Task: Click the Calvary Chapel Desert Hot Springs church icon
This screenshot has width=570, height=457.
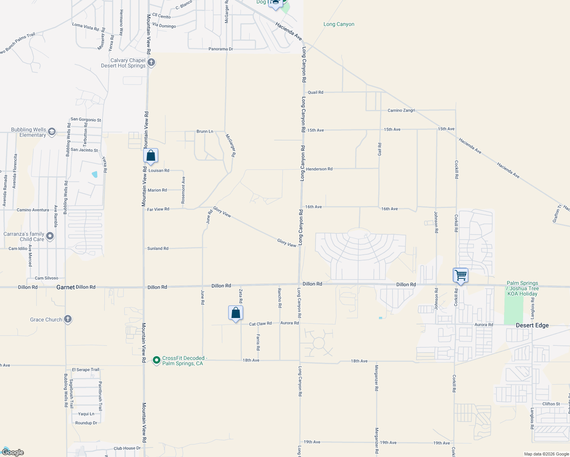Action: click(x=151, y=62)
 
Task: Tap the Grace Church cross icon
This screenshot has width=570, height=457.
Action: click(x=68, y=319)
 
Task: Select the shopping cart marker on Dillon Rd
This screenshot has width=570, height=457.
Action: click(x=461, y=275)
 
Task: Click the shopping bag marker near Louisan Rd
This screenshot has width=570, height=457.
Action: click(x=151, y=156)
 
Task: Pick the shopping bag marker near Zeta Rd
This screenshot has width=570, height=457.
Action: click(x=236, y=313)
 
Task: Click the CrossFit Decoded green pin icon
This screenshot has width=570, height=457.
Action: click(x=156, y=360)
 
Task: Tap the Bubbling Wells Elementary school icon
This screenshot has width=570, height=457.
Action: click(x=52, y=132)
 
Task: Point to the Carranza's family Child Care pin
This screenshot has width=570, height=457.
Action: click(x=50, y=236)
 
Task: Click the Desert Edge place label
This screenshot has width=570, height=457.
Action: click(x=532, y=325)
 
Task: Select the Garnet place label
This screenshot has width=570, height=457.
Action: click(x=66, y=287)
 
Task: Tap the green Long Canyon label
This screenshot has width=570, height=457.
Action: click(x=339, y=24)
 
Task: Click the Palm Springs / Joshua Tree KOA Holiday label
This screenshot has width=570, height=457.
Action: click(x=522, y=288)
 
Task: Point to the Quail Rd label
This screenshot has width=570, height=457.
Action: click(x=315, y=92)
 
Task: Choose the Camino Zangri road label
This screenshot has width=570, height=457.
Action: click(x=401, y=110)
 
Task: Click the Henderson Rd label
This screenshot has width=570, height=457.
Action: click(x=319, y=169)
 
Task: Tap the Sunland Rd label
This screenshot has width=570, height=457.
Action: click(x=158, y=248)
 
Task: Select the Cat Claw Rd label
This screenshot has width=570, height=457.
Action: click(x=260, y=324)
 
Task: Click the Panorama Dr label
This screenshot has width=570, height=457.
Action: click(x=221, y=49)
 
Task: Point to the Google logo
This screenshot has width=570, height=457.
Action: click(x=13, y=452)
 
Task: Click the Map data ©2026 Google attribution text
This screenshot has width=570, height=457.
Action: click(x=546, y=454)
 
